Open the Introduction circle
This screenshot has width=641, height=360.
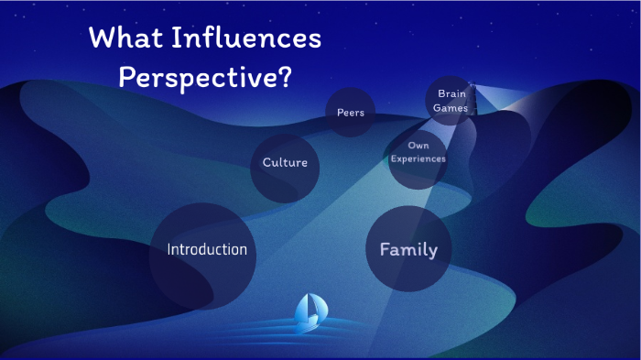coord(206,249)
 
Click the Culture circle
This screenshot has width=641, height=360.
coord(285,163)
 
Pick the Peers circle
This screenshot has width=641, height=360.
coord(351,113)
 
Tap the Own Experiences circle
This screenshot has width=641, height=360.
coord(418,152)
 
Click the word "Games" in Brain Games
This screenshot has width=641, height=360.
coord(452,108)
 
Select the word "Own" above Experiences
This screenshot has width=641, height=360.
coord(418,145)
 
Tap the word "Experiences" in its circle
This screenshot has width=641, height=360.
coord(418,158)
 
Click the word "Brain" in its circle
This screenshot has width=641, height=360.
coord(452,93)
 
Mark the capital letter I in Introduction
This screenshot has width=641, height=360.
coord(168,249)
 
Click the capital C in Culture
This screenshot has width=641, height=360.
coord(267,163)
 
